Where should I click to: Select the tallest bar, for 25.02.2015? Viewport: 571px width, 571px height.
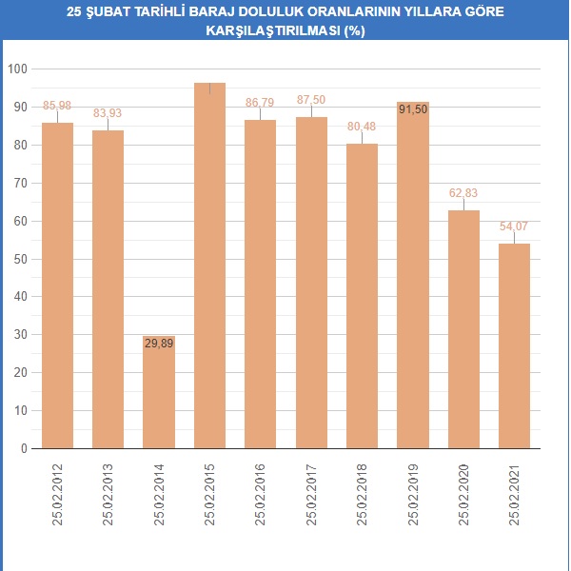point(209,266)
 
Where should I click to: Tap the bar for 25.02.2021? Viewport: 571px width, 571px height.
point(515,346)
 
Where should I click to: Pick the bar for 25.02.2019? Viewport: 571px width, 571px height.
point(413,276)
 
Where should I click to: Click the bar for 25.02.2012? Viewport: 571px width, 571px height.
point(58,285)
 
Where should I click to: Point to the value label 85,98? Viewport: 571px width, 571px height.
point(58,105)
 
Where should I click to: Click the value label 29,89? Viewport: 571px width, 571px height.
point(159,344)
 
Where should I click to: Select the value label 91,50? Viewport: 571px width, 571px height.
point(413,109)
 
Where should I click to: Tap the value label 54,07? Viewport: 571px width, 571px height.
point(515,226)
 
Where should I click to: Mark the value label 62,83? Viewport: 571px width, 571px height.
point(463,192)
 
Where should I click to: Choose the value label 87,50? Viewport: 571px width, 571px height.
point(311,99)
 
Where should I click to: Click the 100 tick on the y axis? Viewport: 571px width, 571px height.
point(17,69)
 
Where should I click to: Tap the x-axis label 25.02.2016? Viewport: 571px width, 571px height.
point(261,493)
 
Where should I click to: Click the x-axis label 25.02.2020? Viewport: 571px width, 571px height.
point(464,493)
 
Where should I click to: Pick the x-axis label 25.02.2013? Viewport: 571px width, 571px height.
point(108,493)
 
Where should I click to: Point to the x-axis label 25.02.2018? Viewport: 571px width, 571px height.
point(363,493)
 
